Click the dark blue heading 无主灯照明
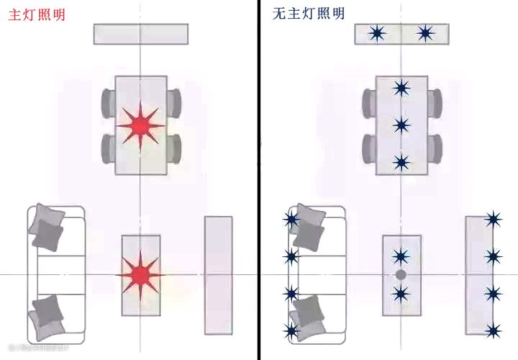click(x=309, y=14)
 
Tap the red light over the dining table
click(x=140, y=125)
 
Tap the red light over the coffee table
click(x=140, y=274)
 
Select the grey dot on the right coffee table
click(x=401, y=275)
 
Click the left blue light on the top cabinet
click(x=377, y=33)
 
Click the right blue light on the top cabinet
click(x=425, y=33)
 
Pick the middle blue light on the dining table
click(x=401, y=125)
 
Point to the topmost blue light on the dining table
click(x=401, y=89)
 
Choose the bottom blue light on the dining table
click(x=401, y=162)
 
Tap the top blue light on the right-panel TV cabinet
click(x=494, y=219)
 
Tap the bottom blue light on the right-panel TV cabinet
click(x=494, y=330)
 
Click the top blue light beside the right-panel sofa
click(x=291, y=220)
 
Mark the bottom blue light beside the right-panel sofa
click(x=291, y=330)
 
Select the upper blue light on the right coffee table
click(x=401, y=256)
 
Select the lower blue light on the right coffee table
click(x=401, y=293)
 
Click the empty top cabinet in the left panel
click(x=140, y=34)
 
